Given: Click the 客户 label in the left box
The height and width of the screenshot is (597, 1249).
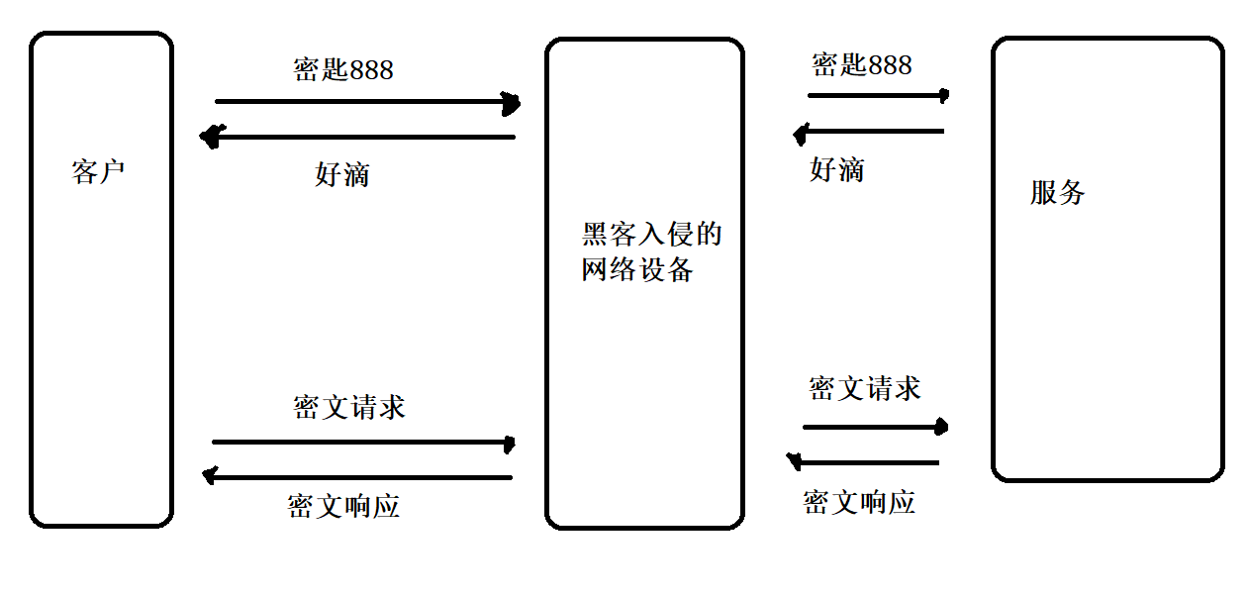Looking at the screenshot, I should pyautogui.click(x=99, y=172).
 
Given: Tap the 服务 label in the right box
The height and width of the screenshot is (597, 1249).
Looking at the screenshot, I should pyautogui.click(x=1057, y=192).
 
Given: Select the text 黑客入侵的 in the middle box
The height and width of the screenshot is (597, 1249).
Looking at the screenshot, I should pyautogui.click(x=651, y=235).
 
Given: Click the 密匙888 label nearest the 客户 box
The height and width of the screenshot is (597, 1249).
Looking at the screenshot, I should pyautogui.click(x=343, y=69).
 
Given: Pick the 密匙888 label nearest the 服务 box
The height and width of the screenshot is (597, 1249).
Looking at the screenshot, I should pyautogui.click(x=861, y=65).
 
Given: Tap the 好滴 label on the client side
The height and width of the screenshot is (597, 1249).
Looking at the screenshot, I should pyautogui.click(x=341, y=175).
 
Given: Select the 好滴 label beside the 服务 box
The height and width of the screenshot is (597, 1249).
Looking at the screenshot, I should pyautogui.click(x=836, y=170).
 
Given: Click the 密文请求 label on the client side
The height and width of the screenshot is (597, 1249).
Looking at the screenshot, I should pyautogui.click(x=348, y=407).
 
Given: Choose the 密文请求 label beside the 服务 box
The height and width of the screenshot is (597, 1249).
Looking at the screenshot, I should pyautogui.click(x=864, y=388).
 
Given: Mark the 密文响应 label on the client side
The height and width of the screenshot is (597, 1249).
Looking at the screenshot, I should pyautogui.click(x=343, y=506).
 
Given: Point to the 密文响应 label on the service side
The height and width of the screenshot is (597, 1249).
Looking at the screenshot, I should pyautogui.click(x=858, y=502).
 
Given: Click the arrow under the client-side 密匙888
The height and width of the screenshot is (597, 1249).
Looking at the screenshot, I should pyautogui.click(x=366, y=101).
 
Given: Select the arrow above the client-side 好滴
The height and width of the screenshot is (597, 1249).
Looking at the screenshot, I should pyautogui.click(x=358, y=137).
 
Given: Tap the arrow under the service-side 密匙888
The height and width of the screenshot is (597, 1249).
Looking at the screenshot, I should pyautogui.click(x=878, y=95).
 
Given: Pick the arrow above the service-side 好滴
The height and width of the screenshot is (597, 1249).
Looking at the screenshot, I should pyautogui.click(x=869, y=131).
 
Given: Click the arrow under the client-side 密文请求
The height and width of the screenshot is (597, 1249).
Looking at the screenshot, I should pyautogui.click(x=363, y=443).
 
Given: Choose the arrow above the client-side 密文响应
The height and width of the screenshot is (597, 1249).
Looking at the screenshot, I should pyautogui.click(x=357, y=477).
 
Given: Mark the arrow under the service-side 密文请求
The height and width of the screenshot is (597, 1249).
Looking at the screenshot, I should pyautogui.click(x=875, y=427).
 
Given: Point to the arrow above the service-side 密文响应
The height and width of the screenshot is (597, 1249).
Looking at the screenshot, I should pyautogui.click(x=862, y=461).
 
